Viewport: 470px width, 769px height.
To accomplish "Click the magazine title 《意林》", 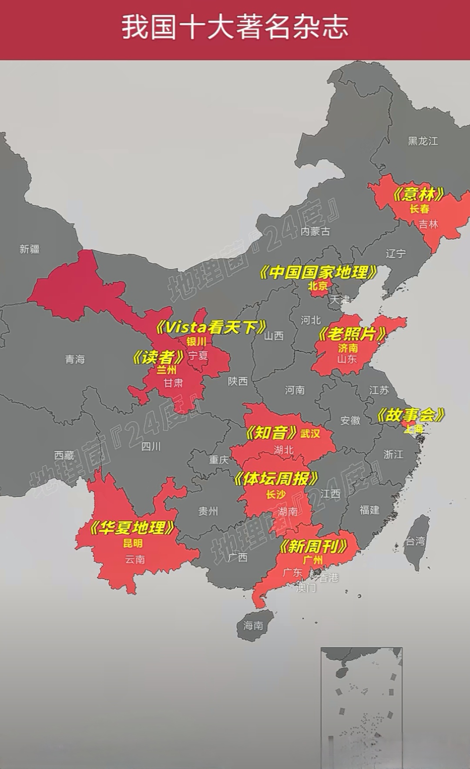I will [418, 194].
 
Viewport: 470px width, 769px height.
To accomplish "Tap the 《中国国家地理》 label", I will [318, 273].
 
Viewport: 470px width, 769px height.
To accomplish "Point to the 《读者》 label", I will [158, 357].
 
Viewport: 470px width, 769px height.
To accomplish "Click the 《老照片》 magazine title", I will [352, 334].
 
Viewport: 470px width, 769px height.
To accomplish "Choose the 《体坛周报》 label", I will [276, 479].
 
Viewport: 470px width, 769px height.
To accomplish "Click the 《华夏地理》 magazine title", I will [132, 528].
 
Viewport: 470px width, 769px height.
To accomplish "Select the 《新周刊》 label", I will [313, 546].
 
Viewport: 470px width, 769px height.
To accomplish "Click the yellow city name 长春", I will [420, 209].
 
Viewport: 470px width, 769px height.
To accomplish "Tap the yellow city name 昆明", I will [133, 543].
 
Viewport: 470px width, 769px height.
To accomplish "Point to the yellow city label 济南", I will [348, 348].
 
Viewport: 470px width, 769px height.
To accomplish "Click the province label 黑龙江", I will [423, 141].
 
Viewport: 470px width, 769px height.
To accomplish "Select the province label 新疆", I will [30, 249].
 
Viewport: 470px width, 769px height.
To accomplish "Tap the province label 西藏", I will [64, 455].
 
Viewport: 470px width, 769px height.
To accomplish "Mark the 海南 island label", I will [253, 626].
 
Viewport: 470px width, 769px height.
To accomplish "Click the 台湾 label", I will [415, 541].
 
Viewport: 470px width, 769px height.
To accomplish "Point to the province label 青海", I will [75, 359].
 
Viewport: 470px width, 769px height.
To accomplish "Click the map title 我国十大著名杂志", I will [235, 27].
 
